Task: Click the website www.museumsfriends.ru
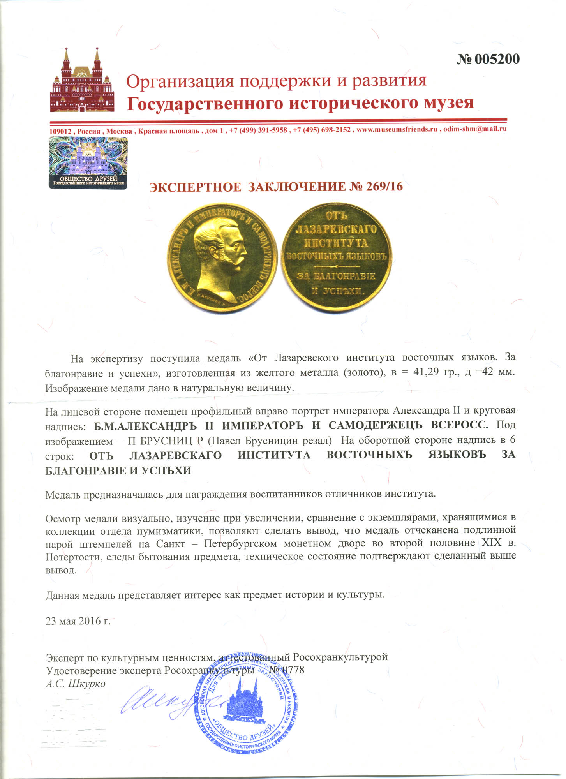coord(397,129)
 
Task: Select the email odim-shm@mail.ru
coord(475,129)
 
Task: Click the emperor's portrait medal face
coord(222,257)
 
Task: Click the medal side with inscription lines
coord(337,257)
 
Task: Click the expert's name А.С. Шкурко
coord(76,683)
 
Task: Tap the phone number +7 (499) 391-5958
coord(258,130)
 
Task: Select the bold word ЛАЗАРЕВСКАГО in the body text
coord(175,455)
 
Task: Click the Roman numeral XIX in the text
coord(492,543)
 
